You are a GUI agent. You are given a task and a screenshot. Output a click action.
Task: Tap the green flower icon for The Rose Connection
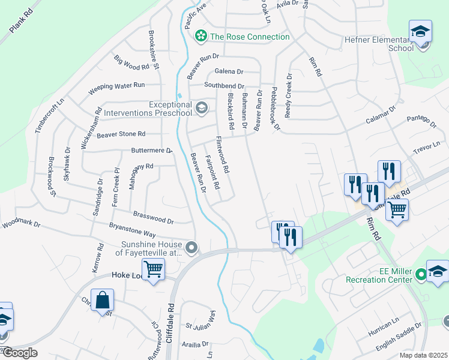(200, 37)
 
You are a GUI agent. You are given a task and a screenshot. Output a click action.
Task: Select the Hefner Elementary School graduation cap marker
(420, 31)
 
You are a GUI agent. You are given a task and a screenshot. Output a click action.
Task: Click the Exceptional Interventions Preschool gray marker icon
(201, 109)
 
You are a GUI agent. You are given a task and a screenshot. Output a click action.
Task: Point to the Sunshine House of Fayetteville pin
(191, 247)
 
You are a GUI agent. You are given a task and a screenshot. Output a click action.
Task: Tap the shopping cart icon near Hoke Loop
(154, 270)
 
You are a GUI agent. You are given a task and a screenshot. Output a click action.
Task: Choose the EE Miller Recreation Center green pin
(421, 275)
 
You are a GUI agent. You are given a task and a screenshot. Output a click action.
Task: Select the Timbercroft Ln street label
(49, 117)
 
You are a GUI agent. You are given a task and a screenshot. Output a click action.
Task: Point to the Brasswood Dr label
(153, 217)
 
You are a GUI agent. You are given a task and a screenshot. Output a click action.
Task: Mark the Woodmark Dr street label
(20, 226)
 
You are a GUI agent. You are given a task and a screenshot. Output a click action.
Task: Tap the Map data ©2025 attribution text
(423, 355)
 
